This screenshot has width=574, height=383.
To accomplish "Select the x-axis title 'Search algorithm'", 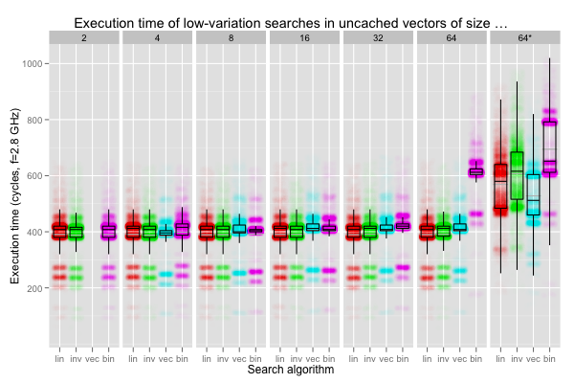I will coord(291,369).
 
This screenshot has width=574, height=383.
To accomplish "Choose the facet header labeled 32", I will coord(378,37).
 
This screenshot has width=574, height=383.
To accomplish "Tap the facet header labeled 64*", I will coord(525,37).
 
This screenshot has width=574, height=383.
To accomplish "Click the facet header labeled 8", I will coord(231,37).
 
